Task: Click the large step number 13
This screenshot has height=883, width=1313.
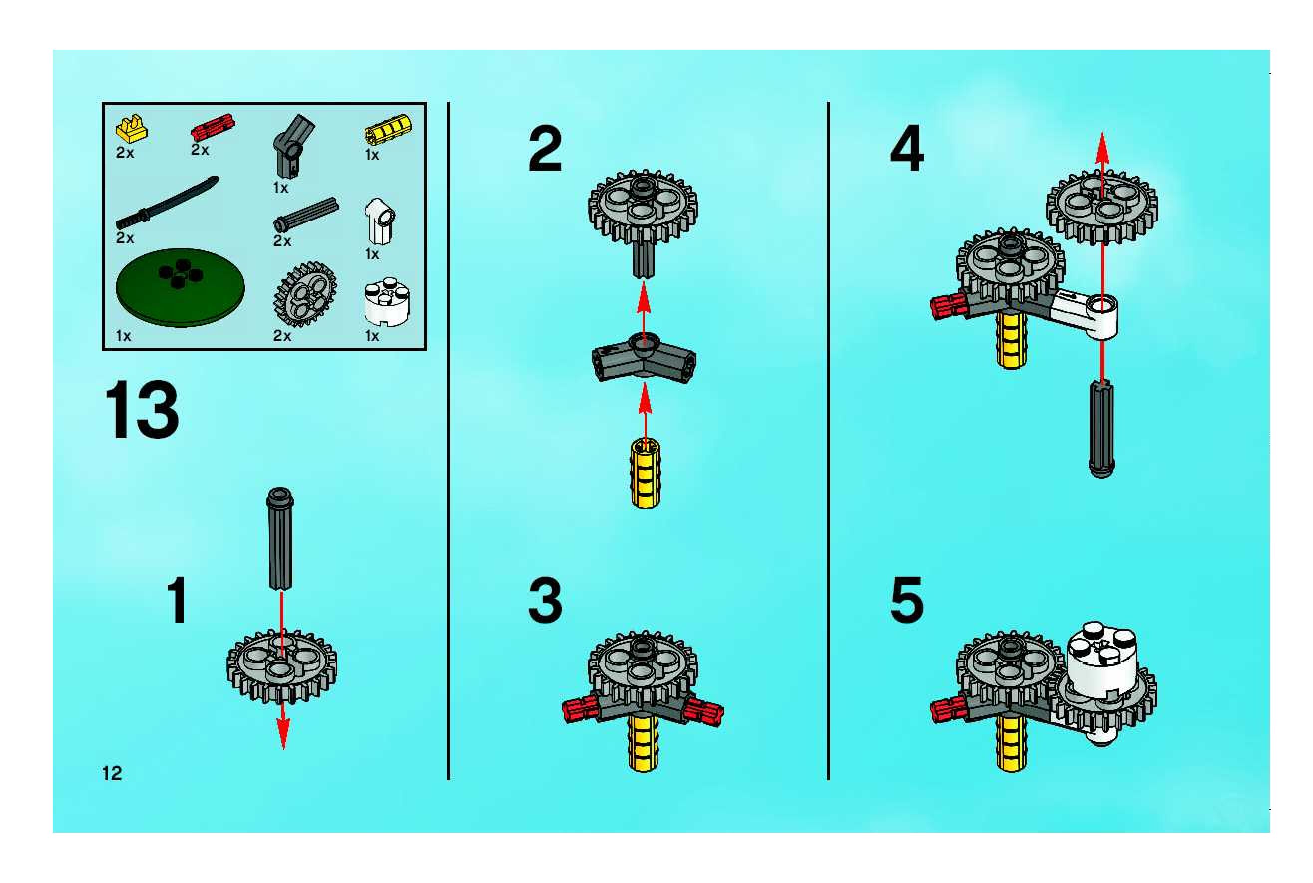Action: point(141,410)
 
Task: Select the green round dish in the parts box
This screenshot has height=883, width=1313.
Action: point(180,287)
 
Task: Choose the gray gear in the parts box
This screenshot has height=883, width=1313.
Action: point(305,294)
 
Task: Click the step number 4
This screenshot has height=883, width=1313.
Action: point(906,149)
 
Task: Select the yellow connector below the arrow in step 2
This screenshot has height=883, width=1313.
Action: point(645,472)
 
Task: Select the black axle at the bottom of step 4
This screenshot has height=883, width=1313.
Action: point(1101,429)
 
